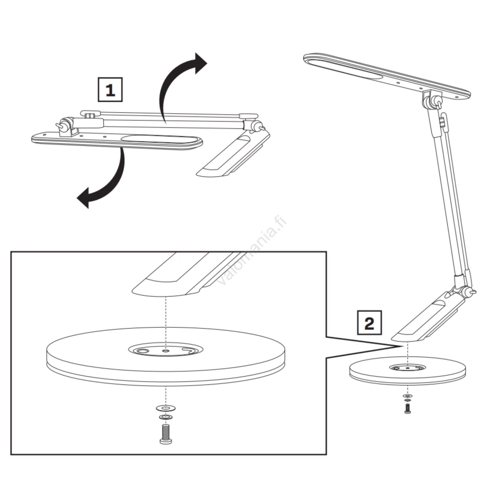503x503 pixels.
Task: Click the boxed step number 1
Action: [110, 90]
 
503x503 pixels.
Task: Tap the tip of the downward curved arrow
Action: [77, 198]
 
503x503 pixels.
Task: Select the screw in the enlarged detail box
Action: [166, 434]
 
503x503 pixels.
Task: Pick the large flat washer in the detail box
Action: [166, 408]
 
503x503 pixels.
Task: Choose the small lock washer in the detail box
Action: [166, 417]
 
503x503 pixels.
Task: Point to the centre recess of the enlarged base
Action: [166, 350]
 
